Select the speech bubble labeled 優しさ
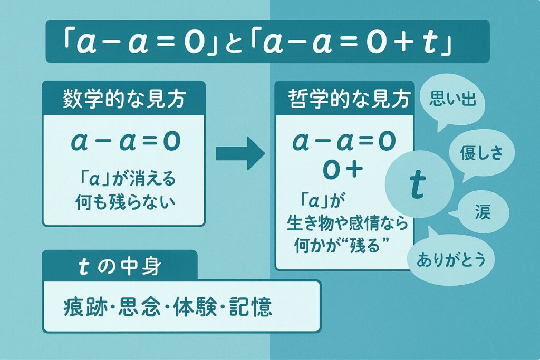coord(481,153)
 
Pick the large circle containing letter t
coord(419,185)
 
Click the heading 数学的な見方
coord(124,100)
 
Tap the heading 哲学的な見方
coord(350,100)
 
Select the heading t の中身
coord(120,267)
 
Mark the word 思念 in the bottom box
coord(139,307)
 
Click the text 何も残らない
coord(126,202)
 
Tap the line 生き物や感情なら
coord(347,223)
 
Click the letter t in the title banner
coord(430,43)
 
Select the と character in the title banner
coord(236,44)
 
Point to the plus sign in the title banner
coord(403,44)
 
